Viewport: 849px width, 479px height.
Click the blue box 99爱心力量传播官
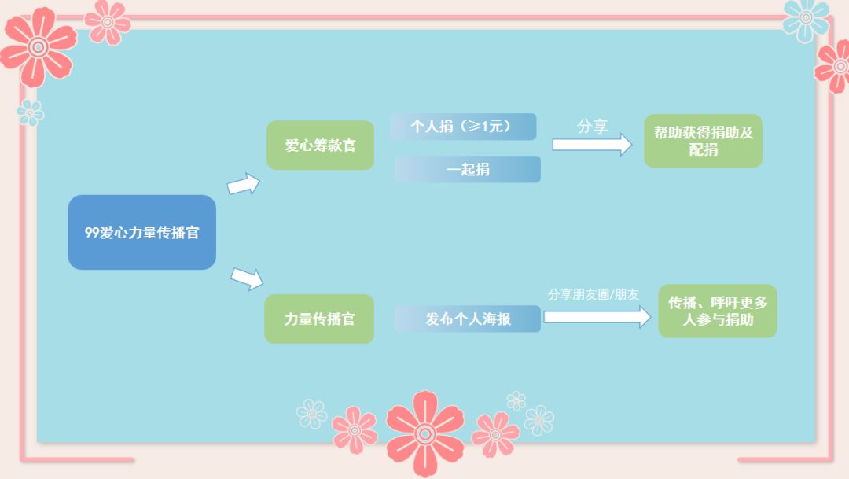coord(141,233)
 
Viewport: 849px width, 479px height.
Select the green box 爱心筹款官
coord(320,146)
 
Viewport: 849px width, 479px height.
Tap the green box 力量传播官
coord(319,319)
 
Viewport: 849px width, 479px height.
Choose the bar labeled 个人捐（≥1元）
coord(464,127)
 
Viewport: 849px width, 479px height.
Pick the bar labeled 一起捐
coord(467,169)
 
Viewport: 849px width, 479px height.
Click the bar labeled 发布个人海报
coord(467,319)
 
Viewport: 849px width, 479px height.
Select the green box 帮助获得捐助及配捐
coord(704,141)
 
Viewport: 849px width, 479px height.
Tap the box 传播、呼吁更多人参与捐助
coord(718,311)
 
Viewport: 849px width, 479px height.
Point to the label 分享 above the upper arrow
coord(593,127)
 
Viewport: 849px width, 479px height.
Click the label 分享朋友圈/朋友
coord(594,294)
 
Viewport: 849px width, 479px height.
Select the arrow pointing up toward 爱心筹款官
coord(244,184)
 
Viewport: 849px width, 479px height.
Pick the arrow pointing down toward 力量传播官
coord(247,278)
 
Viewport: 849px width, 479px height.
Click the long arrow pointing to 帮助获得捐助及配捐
coord(592,145)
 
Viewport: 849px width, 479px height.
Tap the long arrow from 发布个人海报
coord(597,317)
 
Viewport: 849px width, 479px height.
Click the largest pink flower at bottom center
coord(425,433)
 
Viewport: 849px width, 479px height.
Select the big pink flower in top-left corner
coord(38,47)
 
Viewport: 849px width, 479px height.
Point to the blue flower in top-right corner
coord(807,18)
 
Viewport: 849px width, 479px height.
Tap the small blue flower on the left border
coord(31,112)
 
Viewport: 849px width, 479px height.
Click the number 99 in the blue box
coord(92,233)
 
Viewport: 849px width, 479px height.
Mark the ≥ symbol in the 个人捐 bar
coord(475,127)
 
